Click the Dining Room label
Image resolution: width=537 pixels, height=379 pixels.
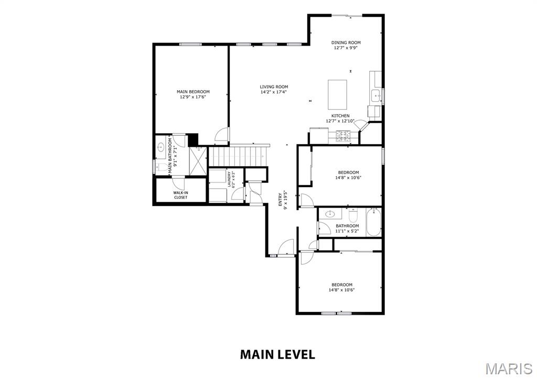click(346, 43)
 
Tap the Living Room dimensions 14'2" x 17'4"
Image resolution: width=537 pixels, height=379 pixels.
click(274, 92)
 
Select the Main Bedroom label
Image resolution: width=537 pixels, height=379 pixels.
click(193, 92)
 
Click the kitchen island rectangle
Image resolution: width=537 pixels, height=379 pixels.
click(337, 94)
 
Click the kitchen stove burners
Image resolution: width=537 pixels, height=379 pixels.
click(343, 136)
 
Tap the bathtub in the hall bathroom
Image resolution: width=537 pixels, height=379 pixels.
click(373, 222)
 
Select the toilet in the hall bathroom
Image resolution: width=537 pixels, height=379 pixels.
click(353, 215)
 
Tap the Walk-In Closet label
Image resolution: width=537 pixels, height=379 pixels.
click(180, 195)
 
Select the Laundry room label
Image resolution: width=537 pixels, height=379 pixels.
click(229, 179)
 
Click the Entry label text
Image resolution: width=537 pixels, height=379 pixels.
click(280, 199)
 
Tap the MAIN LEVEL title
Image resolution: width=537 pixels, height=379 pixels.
click(277, 354)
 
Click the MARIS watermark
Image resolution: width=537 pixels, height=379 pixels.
click(509, 369)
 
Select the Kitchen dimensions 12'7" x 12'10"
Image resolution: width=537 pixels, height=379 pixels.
click(340, 121)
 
